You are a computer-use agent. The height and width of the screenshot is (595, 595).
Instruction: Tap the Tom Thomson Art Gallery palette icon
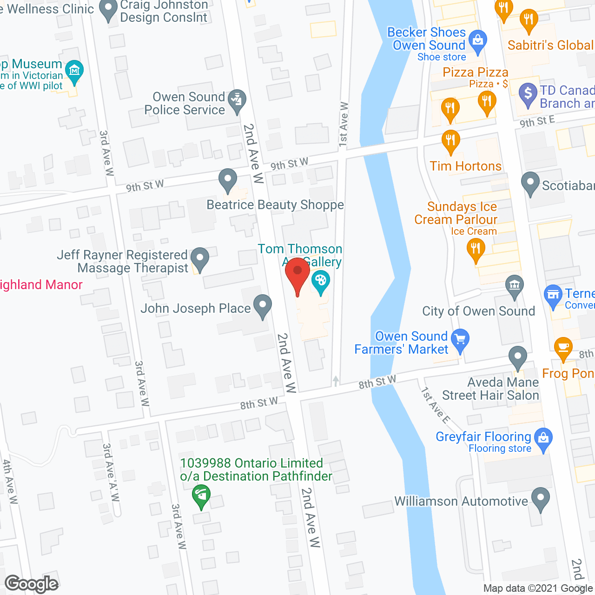[x=320, y=282]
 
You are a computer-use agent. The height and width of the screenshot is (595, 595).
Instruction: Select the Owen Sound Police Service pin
[x=238, y=100]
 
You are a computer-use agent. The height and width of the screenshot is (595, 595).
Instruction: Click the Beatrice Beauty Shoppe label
[x=275, y=205]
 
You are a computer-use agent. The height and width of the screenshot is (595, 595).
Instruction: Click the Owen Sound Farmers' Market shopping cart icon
[x=460, y=340]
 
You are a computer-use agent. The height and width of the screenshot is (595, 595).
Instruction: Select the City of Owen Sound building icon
[x=514, y=285]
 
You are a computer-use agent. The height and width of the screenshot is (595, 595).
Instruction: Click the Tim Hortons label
[x=465, y=166]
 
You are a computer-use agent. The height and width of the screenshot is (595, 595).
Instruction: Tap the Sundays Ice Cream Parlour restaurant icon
[x=475, y=249]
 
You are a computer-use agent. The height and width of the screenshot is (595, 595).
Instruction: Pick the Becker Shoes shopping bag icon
[x=477, y=40]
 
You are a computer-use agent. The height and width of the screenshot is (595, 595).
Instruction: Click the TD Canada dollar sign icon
[x=528, y=93]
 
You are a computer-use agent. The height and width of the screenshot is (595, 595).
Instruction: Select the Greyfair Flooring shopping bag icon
[x=543, y=438]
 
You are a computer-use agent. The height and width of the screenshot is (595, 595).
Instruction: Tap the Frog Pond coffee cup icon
[x=563, y=348]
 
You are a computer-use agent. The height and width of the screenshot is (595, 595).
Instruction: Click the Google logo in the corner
[x=32, y=584]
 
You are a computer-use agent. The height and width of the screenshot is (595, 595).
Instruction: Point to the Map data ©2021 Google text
[x=538, y=588]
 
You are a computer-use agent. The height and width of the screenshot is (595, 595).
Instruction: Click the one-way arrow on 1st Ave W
[x=336, y=381]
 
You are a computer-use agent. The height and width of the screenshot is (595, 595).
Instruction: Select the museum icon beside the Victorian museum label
[x=74, y=71]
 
